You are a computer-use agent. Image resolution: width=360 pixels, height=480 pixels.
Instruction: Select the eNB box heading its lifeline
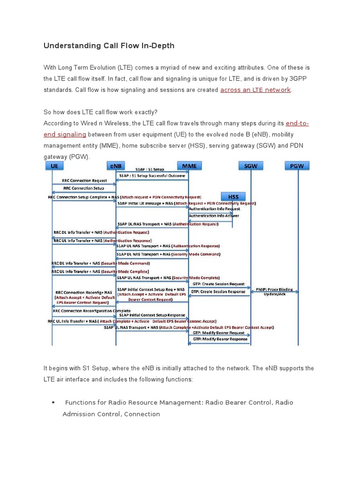point(116,166)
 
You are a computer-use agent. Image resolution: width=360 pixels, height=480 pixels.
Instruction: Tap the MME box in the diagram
point(189,166)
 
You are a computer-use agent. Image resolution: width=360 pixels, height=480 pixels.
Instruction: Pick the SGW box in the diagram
point(251,166)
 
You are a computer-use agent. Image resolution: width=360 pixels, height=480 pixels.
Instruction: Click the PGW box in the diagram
point(297,166)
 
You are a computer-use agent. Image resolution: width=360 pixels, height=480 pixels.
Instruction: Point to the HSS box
point(233,196)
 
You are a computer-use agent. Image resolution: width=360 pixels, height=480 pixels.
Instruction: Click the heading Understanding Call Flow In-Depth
point(109,45)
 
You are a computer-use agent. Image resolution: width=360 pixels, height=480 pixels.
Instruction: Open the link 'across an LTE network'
point(255,90)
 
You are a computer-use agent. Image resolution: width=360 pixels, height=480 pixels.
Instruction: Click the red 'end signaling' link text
point(65,134)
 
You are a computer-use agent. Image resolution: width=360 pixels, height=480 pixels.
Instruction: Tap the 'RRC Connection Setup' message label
point(84,188)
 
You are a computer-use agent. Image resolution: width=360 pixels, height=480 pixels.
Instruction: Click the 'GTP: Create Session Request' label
point(218,284)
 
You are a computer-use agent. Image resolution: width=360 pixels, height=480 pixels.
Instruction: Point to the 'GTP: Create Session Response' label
point(218,292)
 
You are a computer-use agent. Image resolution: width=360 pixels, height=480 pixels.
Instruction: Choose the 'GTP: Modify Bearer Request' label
point(218,333)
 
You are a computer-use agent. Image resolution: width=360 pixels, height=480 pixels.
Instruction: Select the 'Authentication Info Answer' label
point(214,216)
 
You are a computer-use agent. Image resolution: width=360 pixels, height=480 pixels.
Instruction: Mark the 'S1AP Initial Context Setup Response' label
point(151,315)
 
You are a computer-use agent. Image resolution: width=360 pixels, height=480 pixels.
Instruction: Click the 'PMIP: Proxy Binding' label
point(274,290)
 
